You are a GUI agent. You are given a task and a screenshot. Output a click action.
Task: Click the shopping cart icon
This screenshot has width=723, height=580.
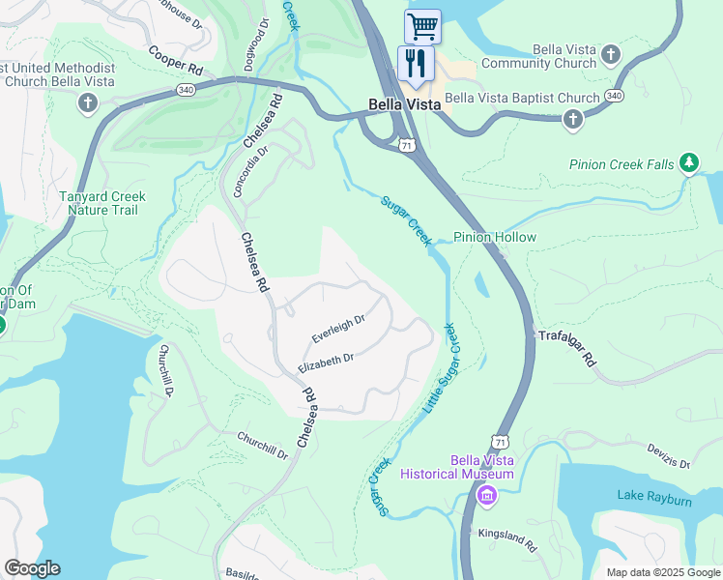pyautogui.click(x=422, y=26)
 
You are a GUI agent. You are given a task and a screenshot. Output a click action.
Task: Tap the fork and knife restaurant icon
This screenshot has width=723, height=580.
pyautogui.click(x=416, y=64)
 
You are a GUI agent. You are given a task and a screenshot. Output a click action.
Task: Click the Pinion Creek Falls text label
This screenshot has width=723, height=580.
pyautogui.click(x=622, y=165)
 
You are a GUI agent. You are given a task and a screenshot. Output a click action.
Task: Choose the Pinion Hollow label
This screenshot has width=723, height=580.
pyautogui.click(x=495, y=237)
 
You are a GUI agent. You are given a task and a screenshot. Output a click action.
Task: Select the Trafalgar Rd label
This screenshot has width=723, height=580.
pyautogui.click(x=567, y=349)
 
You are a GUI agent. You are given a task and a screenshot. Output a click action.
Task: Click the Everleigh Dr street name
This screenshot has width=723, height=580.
pyautogui.click(x=337, y=330)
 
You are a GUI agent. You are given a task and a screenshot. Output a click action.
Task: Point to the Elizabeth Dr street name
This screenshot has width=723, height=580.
pyautogui.click(x=326, y=363)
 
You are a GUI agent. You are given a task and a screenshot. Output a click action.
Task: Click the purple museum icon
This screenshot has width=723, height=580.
pyautogui.click(x=486, y=496)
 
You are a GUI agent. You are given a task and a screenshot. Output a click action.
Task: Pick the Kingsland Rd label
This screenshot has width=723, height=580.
pyautogui.click(x=506, y=539)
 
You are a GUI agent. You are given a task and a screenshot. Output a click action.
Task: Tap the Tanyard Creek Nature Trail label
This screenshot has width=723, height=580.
pyautogui.click(x=102, y=204)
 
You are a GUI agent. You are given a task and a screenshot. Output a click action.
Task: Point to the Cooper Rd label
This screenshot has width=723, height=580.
pyautogui.click(x=175, y=60)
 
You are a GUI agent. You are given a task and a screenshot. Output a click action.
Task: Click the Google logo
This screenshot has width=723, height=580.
pyautogui.click(x=32, y=568)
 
